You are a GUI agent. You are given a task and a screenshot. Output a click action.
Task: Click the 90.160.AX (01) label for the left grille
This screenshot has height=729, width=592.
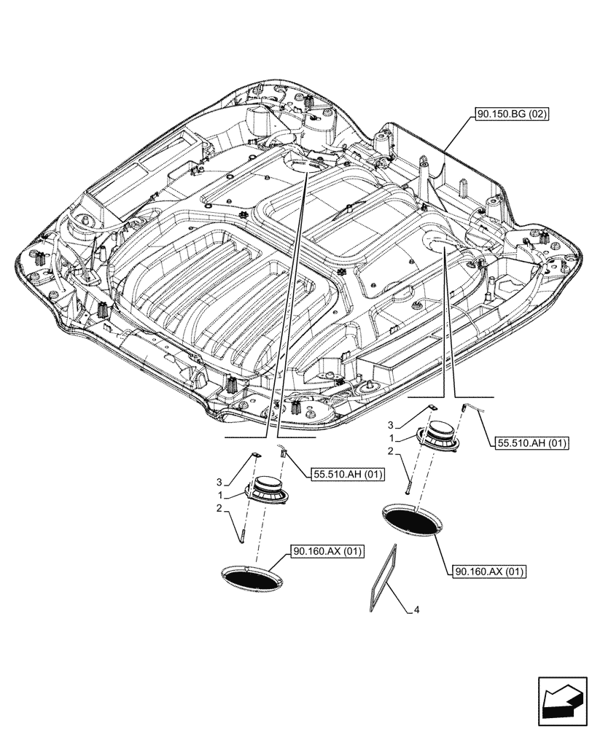click(318, 552)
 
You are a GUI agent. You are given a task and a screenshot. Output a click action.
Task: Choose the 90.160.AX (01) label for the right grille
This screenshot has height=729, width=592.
click(489, 571)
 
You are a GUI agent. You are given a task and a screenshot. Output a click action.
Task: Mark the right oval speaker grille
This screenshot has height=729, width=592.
click(411, 521)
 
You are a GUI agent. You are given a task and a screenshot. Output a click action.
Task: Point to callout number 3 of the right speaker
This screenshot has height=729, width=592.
click(391, 424)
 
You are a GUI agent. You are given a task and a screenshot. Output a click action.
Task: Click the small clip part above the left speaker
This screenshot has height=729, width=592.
click(256, 455)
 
